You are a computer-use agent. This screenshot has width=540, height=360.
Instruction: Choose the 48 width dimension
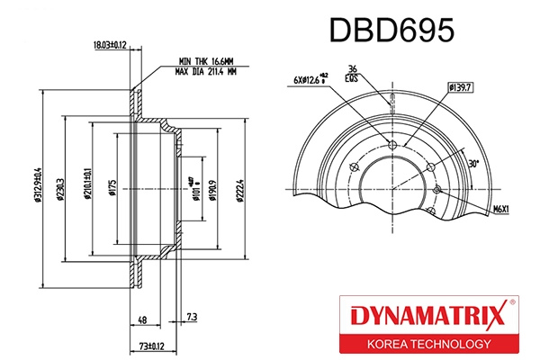click(142, 320)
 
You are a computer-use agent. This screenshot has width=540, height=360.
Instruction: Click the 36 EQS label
click(353, 75)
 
